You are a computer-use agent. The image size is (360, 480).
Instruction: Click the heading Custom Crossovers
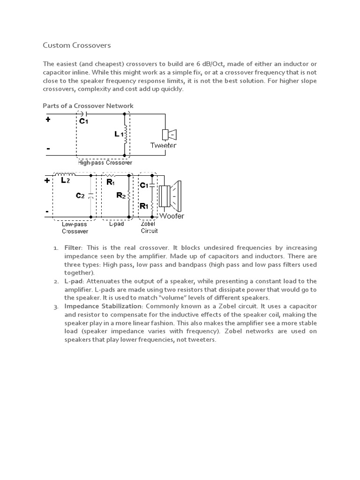77,45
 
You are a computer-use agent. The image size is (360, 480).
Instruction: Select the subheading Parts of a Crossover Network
88,105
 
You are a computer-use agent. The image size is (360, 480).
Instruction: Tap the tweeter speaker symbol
168,135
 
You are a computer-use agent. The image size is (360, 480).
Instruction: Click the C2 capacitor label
80,196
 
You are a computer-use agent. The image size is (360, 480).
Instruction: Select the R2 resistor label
120,196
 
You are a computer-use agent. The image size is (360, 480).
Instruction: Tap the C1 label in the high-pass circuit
83,121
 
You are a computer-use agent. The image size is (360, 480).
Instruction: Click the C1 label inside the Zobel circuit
144,186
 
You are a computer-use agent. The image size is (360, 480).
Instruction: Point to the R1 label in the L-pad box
111,182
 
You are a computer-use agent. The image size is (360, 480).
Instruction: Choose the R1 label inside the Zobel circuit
144,205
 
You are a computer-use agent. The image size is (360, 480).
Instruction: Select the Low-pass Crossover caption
75,228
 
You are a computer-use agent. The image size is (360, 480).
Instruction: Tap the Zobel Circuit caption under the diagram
149,227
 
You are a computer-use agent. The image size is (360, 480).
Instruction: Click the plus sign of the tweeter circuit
48,119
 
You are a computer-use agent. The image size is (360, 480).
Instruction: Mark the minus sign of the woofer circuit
47,212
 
